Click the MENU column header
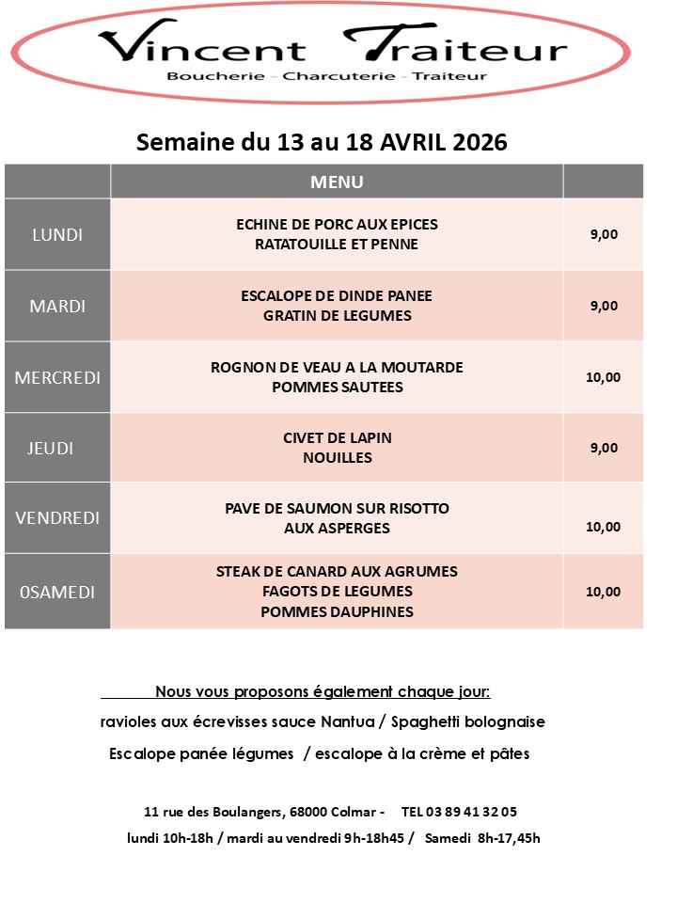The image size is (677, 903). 337,182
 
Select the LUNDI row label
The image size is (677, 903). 57,234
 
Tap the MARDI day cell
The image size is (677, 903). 57,306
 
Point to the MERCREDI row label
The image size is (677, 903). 57,377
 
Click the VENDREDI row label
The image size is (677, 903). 57,518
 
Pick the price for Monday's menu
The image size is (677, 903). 604,235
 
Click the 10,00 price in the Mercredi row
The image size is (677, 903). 603,377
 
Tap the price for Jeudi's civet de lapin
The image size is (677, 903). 604,448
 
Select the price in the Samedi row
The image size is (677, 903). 603,592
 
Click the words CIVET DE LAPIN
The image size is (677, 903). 337,438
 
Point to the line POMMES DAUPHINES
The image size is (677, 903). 337,611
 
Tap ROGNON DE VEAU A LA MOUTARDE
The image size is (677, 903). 337,367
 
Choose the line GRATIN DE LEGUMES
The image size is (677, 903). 337,316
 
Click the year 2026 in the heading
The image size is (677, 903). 479,142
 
